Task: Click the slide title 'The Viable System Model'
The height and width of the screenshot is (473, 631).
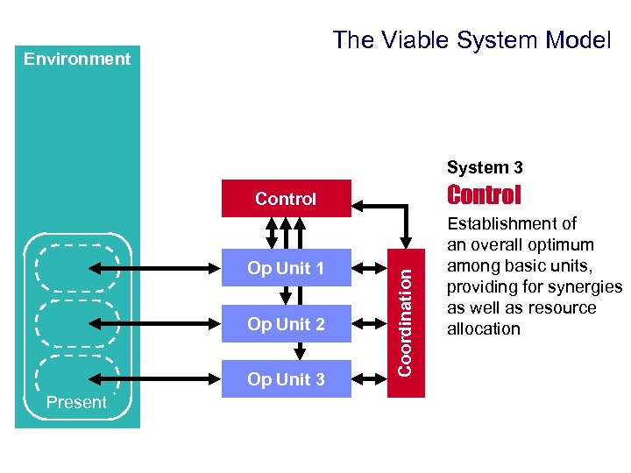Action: tap(471, 39)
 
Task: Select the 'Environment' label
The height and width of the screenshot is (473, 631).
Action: tap(77, 60)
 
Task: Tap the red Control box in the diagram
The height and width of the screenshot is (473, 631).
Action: tap(286, 199)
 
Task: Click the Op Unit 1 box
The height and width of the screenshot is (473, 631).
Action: tap(286, 268)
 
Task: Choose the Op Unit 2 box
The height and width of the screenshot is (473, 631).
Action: tap(286, 324)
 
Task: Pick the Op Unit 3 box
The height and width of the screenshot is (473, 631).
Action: tap(286, 379)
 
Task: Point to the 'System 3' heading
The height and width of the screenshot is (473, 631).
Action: tap(485, 167)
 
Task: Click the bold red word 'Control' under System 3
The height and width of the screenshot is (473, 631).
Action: tap(484, 194)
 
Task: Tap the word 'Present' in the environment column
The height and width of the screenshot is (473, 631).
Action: tap(76, 403)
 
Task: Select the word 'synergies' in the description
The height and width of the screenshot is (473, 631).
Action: tap(586, 287)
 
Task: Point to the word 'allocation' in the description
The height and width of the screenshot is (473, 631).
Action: tap(484, 329)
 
